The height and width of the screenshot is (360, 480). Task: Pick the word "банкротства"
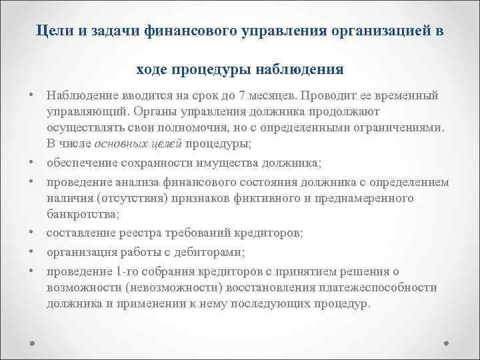click(81, 213)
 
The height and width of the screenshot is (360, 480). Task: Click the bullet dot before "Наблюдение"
click(32, 95)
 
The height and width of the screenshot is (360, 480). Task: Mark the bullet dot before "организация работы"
click(32, 251)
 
